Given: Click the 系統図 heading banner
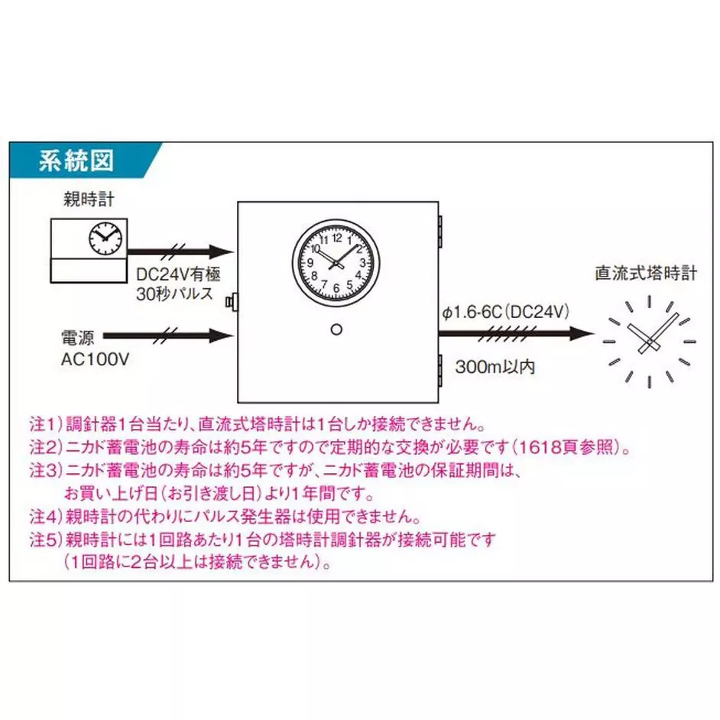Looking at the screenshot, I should point(76,161).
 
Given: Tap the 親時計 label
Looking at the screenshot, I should point(88,201).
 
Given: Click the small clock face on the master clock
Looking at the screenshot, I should point(105,238).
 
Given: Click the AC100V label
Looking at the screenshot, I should point(93,358).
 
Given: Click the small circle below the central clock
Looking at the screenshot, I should point(336,329).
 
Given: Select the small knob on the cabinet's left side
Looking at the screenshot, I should point(231,303).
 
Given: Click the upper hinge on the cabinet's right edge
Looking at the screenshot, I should point(441,229).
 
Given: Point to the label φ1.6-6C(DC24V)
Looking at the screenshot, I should point(504,312).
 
